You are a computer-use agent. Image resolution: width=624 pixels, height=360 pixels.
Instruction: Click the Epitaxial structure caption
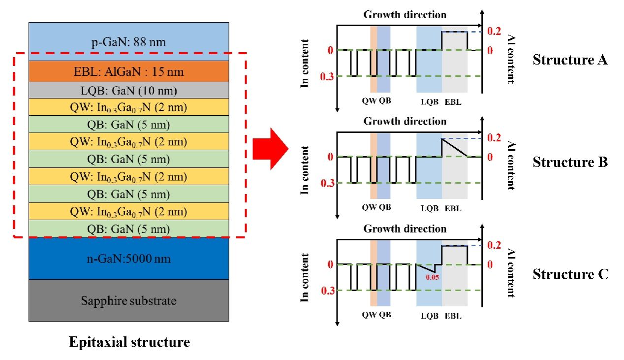(x=129, y=342)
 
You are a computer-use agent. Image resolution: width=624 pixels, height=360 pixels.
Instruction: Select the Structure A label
(x=570, y=61)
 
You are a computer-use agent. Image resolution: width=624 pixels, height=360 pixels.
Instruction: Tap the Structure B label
(x=570, y=162)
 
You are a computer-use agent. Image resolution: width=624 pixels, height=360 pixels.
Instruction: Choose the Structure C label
(x=570, y=274)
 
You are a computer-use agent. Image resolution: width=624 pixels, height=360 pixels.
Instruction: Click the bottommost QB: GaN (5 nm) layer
(x=128, y=229)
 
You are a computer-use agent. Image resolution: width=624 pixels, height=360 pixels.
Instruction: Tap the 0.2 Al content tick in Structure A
(x=494, y=31)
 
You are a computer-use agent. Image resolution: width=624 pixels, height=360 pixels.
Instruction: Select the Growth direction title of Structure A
(x=405, y=14)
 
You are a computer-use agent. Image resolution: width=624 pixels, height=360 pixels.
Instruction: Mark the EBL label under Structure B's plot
(x=453, y=208)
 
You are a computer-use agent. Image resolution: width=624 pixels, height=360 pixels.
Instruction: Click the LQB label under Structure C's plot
(x=429, y=316)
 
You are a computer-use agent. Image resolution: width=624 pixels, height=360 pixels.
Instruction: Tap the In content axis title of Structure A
(x=306, y=63)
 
